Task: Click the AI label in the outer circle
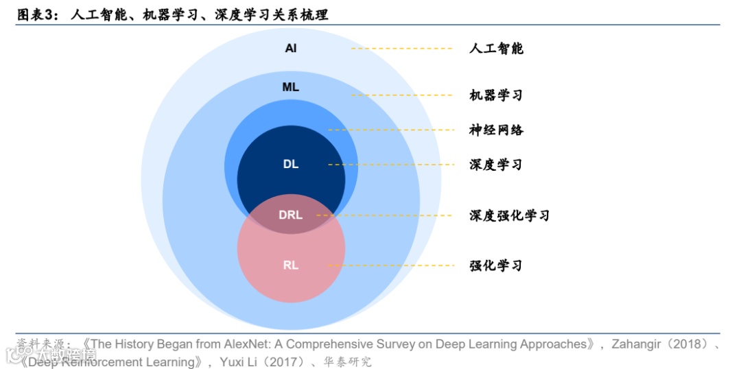pos(291,49)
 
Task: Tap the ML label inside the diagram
pos(291,87)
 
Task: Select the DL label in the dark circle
pos(291,165)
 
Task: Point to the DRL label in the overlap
pos(291,215)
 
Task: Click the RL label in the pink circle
pos(291,265)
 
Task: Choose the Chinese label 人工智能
pos(496,49)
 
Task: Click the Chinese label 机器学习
pos(496,95)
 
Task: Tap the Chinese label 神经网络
pos(496,130)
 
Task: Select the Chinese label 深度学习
pos(496,165)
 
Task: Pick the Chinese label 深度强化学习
pos(509,215)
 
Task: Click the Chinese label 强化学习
pos(496,265)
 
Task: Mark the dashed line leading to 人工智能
pos(401,49)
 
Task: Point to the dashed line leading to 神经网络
pos(391,130)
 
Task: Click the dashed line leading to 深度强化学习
pos(384,215)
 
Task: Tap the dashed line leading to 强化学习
pos(391,265)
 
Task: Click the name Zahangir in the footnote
pos(637,344)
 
